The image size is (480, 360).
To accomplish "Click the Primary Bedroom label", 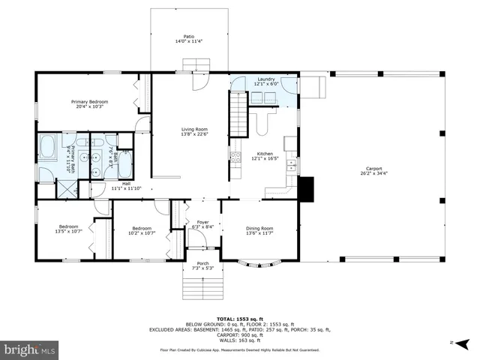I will click(90, 104).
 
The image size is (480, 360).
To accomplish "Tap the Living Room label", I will click(193, 132).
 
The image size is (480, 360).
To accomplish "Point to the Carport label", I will click(374, 171).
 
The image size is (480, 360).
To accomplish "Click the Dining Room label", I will click(260, 230).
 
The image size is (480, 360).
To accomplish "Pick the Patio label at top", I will click(190, 38).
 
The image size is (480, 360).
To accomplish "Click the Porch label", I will click(202, 265).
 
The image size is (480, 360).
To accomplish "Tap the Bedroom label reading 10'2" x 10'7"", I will click(142, 230).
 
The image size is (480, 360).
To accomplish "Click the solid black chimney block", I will click(306, 188).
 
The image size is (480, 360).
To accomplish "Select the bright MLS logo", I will click(30, 349).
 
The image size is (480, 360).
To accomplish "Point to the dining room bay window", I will click(259, 262).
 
